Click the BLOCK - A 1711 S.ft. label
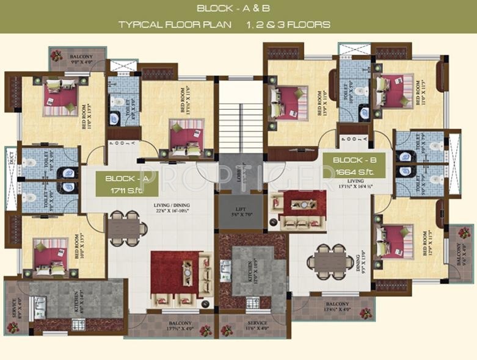pyautogui.click(x=126, y=184)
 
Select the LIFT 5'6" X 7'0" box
pyautogui.click(x=241, y=210)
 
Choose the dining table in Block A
pyautogui.click(x=127, y=228)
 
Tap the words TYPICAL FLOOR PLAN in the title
pyautogui.click(x=175, y=25)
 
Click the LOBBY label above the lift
pyautogui.click(x=241, y=173)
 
